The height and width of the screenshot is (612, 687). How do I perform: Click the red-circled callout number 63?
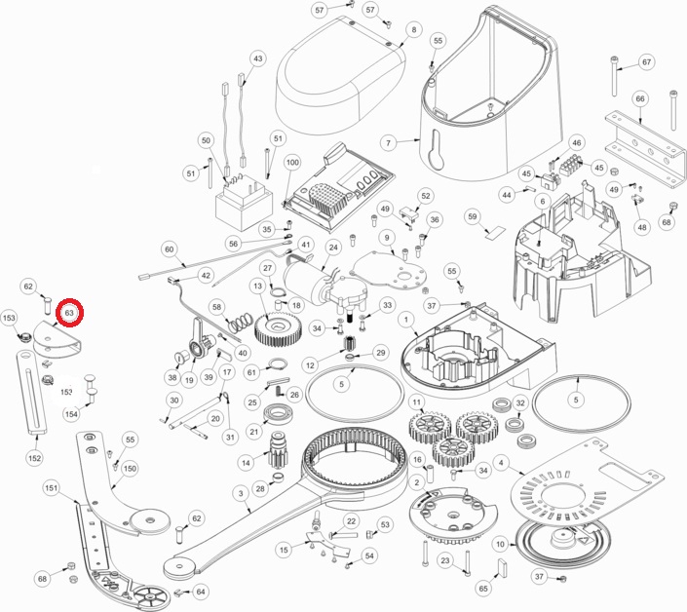(69, 313)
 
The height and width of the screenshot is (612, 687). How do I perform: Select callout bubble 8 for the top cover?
(414, 30)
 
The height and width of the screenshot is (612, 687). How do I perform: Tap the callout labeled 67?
(646, 62)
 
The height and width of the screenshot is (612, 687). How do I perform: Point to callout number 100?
(292, 162)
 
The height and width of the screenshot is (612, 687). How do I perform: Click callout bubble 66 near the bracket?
(640, 98)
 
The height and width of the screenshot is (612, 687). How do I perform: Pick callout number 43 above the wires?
(257, 59)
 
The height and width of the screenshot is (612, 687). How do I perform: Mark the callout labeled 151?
(52, 487)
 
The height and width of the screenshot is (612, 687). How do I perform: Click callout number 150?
(130, 469)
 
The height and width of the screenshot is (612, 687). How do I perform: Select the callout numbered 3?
(239, 494)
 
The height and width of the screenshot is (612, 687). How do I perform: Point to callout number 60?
(169, 249)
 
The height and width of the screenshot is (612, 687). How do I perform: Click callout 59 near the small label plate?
(472, 215)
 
